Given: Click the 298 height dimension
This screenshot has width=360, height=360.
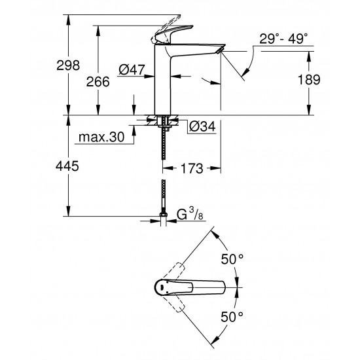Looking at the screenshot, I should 67,65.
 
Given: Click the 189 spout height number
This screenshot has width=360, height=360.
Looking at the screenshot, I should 308,80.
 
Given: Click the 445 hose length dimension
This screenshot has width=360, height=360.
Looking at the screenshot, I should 67,167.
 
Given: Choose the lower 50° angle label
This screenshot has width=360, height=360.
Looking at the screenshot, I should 232,315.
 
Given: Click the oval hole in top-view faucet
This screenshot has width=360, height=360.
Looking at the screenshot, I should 161,285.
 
